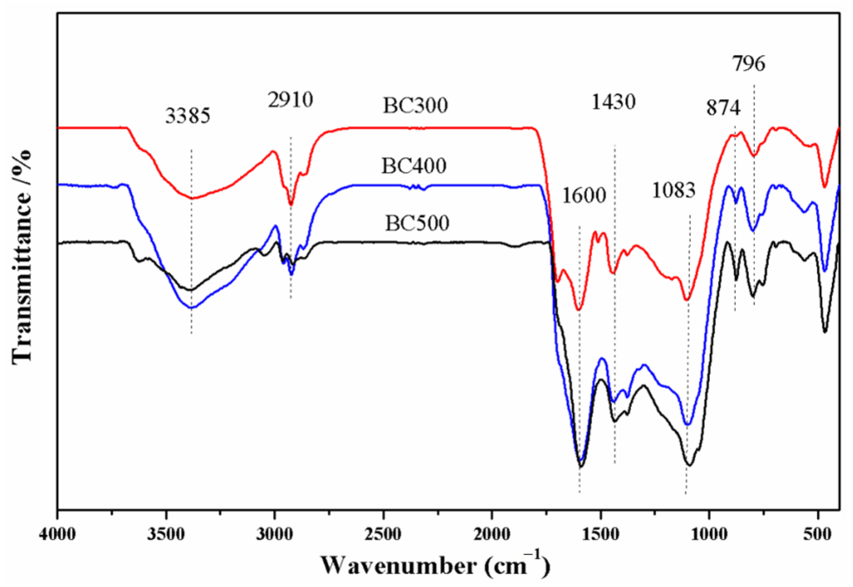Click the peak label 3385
[188, 116]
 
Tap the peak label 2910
[290, 100]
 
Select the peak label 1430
[613, 102]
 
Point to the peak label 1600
[584, 196]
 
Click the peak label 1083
[673, 191]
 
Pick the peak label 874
[723, 108]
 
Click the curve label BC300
[415, 105]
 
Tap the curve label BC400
[414, 166]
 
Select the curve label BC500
[417, 223]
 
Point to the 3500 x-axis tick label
[166, 534]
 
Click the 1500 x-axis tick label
[601, 534]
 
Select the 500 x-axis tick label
[818, 534]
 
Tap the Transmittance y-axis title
[21, 258]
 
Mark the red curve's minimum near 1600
[578, 309]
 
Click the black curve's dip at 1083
[689, 465]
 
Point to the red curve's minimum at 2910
[291, 205]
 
